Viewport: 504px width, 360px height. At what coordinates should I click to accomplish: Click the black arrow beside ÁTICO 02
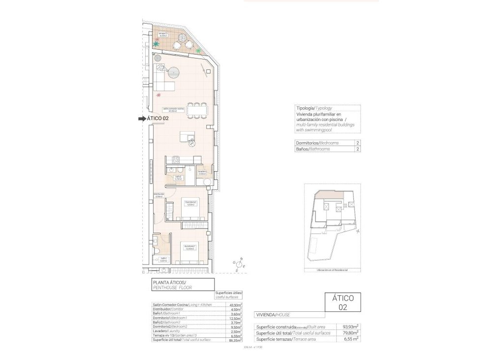point(142,119)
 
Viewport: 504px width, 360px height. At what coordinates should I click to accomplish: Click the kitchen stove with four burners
point(175,159)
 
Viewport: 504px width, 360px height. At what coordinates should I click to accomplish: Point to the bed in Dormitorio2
point(189,209)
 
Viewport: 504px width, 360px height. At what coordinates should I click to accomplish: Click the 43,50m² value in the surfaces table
point(236,305)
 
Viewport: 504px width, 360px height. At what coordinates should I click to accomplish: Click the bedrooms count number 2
point(357,142)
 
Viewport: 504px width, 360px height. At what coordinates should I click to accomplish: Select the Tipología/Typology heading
point(314,108)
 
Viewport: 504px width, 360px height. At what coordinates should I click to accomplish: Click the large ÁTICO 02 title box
point(343,302)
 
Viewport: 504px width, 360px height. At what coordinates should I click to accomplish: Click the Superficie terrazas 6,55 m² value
point(350,338)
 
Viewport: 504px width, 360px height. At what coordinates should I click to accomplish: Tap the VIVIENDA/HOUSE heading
point(273,314)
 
